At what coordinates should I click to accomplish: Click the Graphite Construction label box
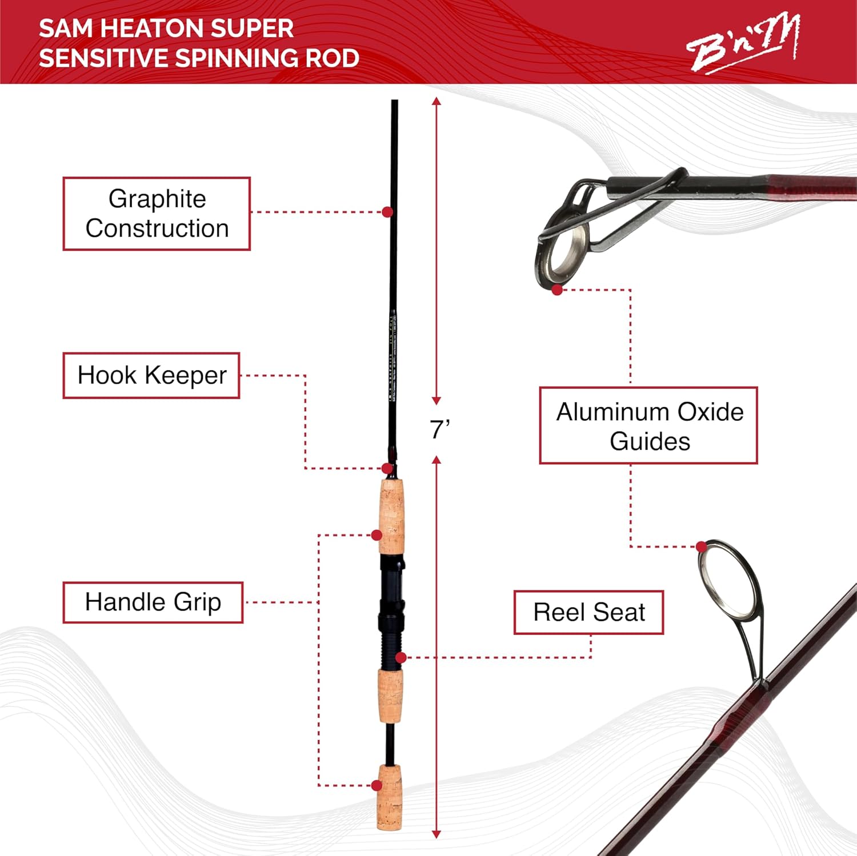coord(157,214)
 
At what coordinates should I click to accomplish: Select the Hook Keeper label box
coord(151,376)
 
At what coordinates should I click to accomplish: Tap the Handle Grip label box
coord(153,602)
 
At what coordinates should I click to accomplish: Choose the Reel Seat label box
coord(588,613)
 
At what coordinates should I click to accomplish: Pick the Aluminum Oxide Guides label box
coord(648,426)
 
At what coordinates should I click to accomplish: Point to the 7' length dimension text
coord(439,429)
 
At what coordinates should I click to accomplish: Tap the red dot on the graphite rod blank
coord(387,212)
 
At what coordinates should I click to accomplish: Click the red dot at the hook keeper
coord(387,469)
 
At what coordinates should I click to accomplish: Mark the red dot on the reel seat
coord(401,658)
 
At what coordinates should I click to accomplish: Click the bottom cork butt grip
coord(389,797)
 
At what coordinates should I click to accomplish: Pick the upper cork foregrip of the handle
coord(391,515)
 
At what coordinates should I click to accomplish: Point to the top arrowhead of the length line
coord(436,102)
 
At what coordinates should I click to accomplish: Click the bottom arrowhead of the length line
coord(436,834)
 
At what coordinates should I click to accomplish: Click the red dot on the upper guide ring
coord(558,290)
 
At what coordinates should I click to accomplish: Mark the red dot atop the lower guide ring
coord(702,547)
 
